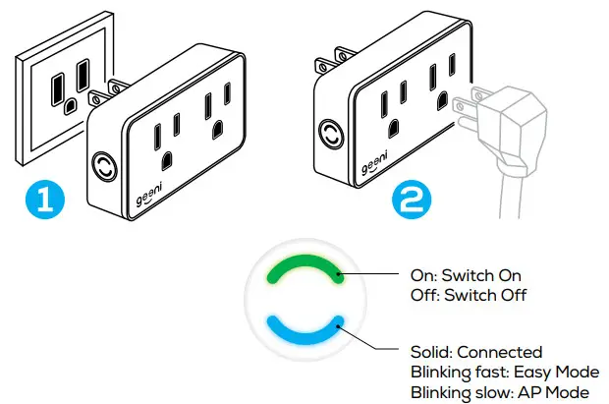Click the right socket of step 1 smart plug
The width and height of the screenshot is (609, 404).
click(x=216, y=116)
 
